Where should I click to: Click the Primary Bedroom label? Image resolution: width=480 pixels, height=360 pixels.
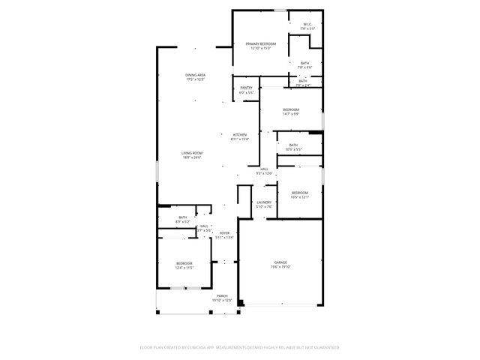[x=261, y=44]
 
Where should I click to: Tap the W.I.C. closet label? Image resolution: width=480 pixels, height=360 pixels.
[x=307, y=24]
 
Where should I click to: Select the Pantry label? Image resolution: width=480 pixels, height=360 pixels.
[x=246, y=88]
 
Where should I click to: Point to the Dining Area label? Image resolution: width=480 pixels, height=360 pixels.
[x=196, y=75]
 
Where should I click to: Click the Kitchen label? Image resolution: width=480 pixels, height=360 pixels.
[x=239, y=135]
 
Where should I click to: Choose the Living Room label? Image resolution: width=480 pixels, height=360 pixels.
[x=191, y=153]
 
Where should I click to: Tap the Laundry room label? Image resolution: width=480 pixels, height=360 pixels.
[x=263, y=202]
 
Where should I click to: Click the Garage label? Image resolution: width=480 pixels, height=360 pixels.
[x=280, y=262]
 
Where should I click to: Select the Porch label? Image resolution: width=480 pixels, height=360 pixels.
[x=222, y=296]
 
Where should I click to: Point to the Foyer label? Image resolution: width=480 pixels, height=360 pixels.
[x=224, y=233]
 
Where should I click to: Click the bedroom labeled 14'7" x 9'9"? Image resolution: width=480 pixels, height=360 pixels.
[x=291, y=110]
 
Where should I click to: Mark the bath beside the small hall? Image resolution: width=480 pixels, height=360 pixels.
[x=183, y=218]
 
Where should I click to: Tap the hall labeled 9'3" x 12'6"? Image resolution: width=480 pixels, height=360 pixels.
[x=265, y=169]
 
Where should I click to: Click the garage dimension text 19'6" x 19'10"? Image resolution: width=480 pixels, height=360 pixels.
[x=280, y=267]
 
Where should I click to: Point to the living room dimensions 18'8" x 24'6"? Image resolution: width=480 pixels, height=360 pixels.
[x=191, y=157]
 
